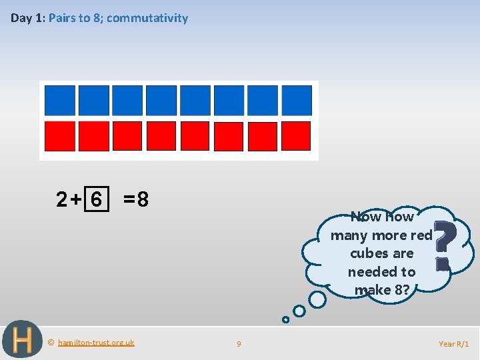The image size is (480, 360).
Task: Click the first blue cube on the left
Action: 59,101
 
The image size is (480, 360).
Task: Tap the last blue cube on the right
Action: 297,101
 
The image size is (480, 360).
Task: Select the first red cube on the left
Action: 59,136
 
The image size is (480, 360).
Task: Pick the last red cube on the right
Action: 297,136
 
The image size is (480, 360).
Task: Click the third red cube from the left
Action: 127,136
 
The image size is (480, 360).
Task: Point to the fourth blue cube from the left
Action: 161,101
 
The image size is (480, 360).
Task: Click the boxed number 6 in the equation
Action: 97,199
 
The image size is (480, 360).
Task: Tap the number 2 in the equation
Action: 62,199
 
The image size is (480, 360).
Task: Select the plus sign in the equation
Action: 76,199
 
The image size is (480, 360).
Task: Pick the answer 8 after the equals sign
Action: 143,199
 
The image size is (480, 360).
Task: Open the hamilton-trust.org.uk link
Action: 96,343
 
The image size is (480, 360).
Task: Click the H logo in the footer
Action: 21,340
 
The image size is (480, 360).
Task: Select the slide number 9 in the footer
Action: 239,344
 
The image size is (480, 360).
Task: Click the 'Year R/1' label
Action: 453,344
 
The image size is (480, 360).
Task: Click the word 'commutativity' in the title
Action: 147,18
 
